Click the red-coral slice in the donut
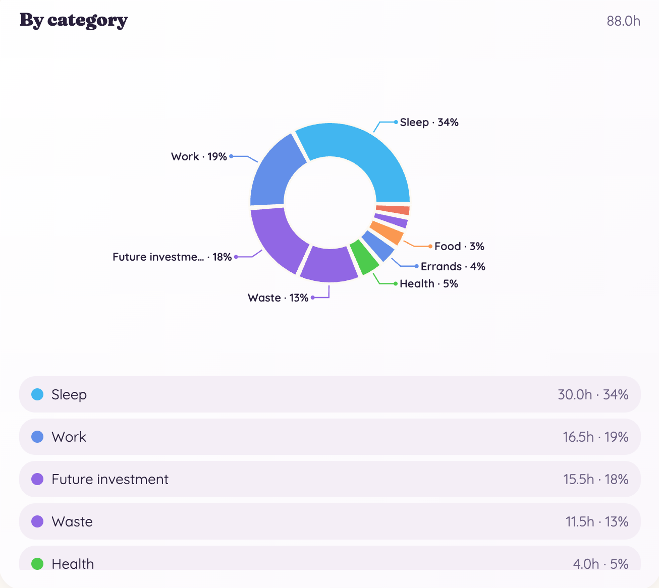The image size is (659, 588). click(x=393, y=210)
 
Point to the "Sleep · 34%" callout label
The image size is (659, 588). click(x=429, y=122)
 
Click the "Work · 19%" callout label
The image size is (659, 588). click(x=199, y=156)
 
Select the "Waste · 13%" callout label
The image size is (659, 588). click(x=278, y=298)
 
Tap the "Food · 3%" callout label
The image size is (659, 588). click(x=459, y=246)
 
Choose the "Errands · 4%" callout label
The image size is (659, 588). click(x=453, y=266)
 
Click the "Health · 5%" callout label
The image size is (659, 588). click(x=429, y=283)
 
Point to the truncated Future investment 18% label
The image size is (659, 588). click(x=172, y=257)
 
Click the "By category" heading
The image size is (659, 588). click(x=74, y=21)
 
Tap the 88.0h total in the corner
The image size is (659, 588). click(x=623, y=21)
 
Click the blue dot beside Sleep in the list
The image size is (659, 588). click(x=37, y=394)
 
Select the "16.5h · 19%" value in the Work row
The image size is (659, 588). click(x=595, y=437)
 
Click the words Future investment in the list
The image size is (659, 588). click(x=110, y=479)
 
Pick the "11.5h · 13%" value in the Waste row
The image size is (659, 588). click(x=597, y=521)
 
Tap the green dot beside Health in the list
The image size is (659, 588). click(x=37, y=564)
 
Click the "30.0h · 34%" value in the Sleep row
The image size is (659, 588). click(x=593, y=394)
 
